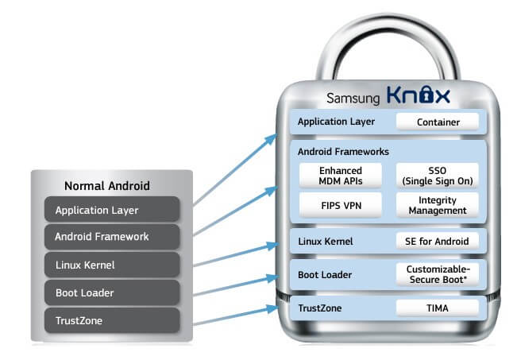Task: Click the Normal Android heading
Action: coord(107,187)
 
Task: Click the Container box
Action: coord(437,122)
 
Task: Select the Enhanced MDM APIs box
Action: coord(341,176)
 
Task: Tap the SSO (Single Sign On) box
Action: coord(437,176)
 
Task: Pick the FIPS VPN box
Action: coord(341,205)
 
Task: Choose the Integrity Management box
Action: coord(437,205)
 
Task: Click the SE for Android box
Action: coord(437,241)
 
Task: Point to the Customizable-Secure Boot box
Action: coord(437,274)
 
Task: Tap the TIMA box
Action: coord(437,308)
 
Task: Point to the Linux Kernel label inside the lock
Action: coord(326,241)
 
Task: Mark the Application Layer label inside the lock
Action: coord(335,122)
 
